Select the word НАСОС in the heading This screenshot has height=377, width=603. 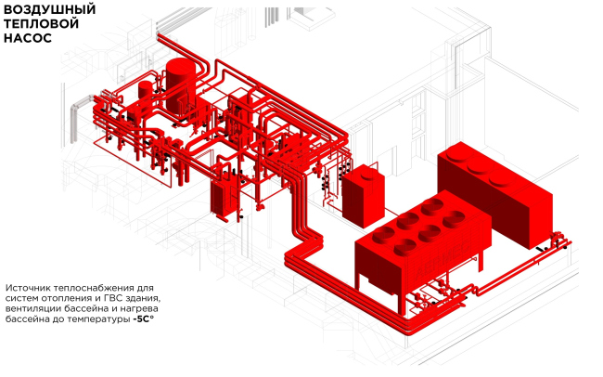28,41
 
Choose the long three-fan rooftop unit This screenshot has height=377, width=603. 489,190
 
